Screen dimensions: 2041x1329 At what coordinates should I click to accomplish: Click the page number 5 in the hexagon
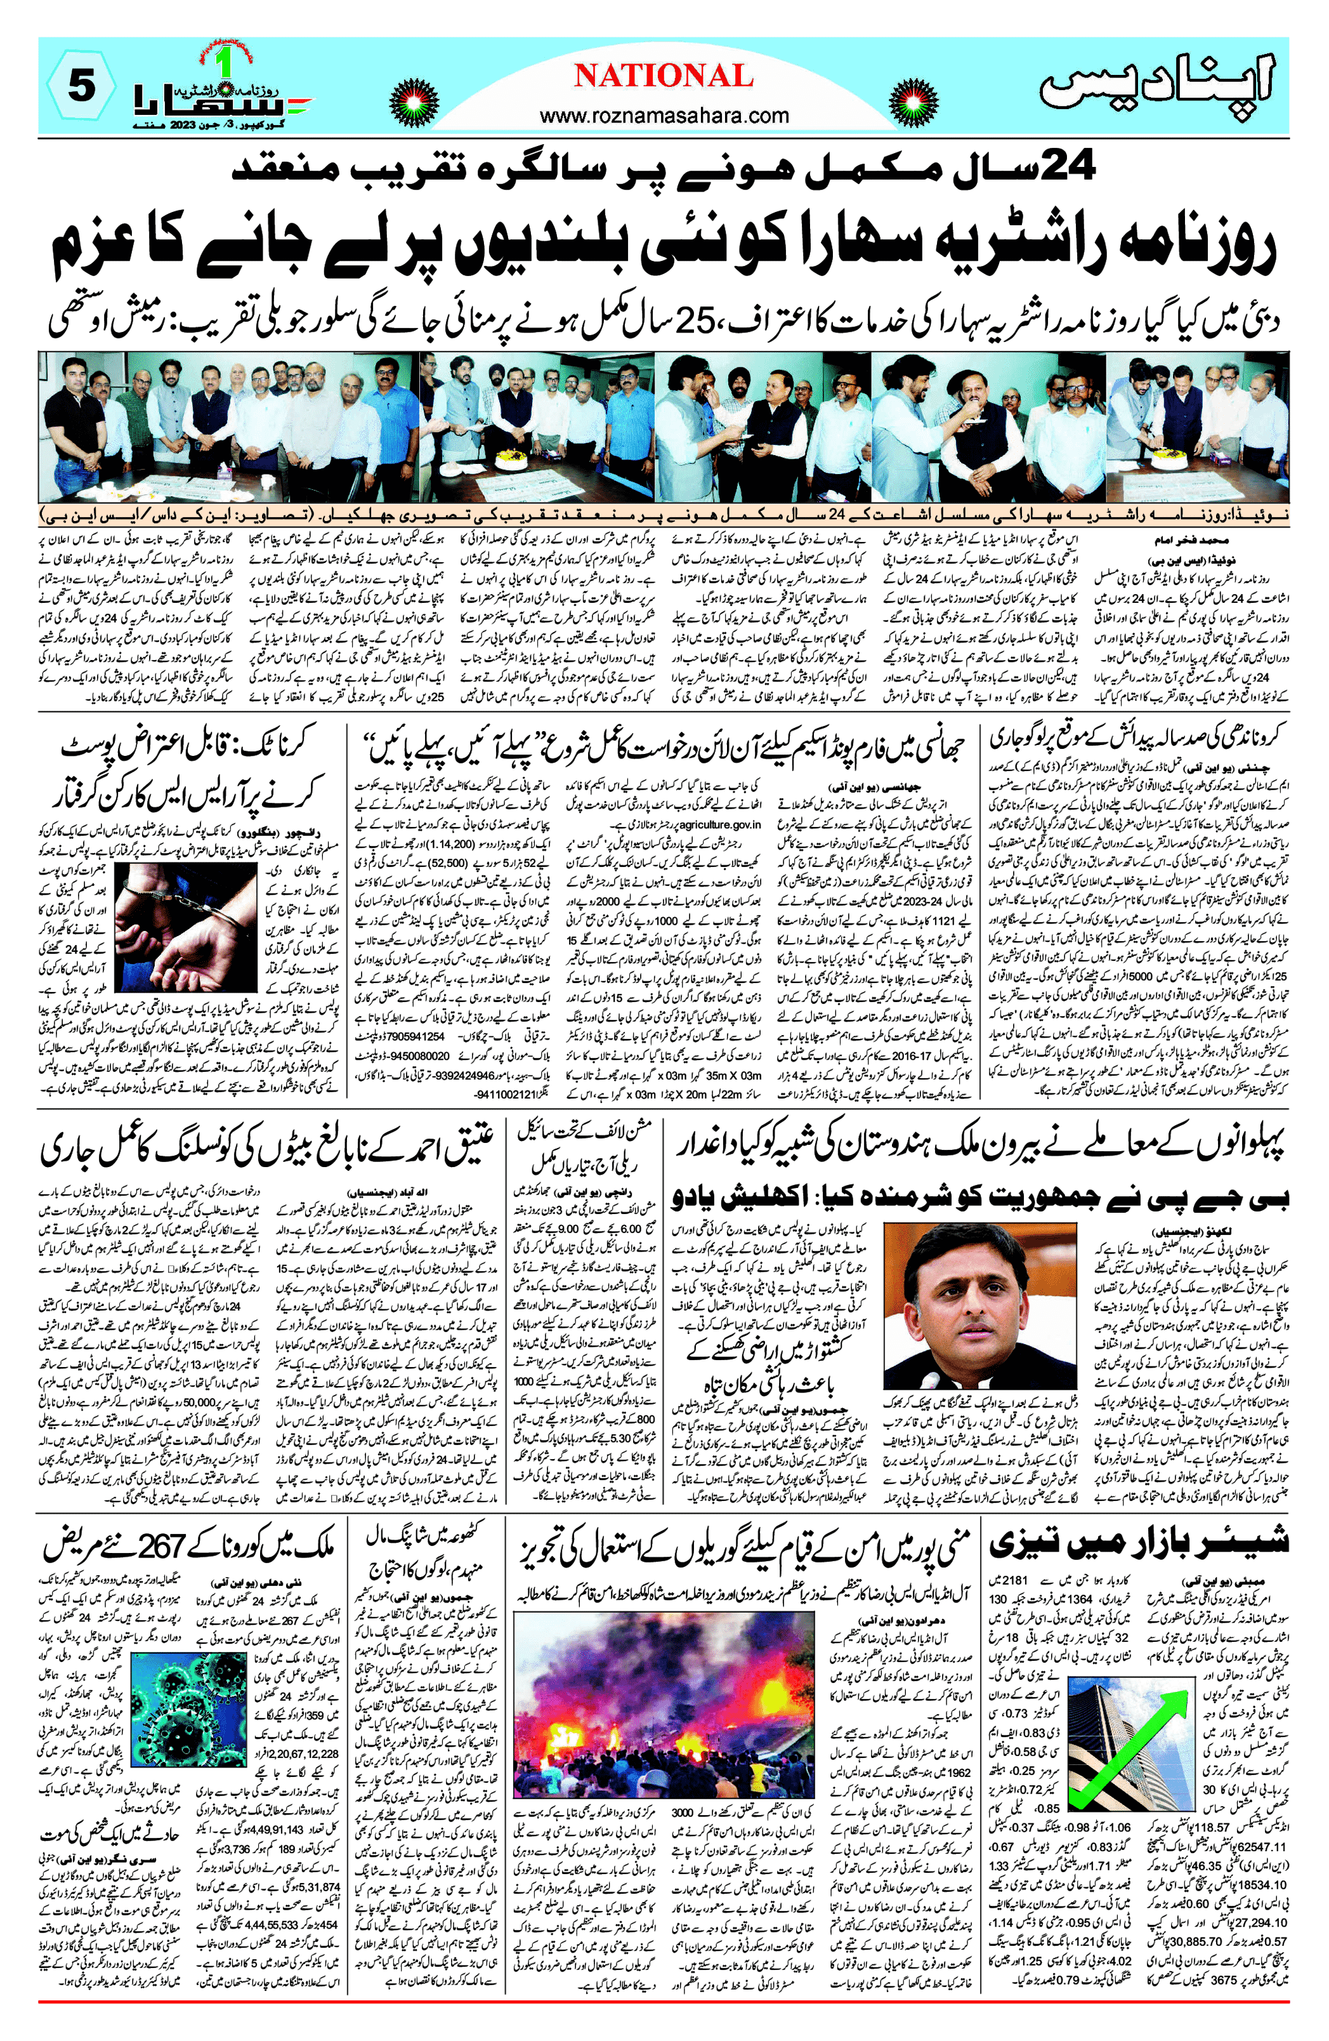(81, 86)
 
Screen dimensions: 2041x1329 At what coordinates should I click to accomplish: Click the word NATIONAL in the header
(664, 76)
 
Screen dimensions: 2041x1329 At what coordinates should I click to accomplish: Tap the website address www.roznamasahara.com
(664, 115)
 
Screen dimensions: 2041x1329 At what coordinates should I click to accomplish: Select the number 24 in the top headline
(1063, 164)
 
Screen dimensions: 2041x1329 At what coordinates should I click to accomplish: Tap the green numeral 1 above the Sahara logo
(224, 64)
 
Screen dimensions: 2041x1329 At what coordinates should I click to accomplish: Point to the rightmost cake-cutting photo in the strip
(1197, 426)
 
